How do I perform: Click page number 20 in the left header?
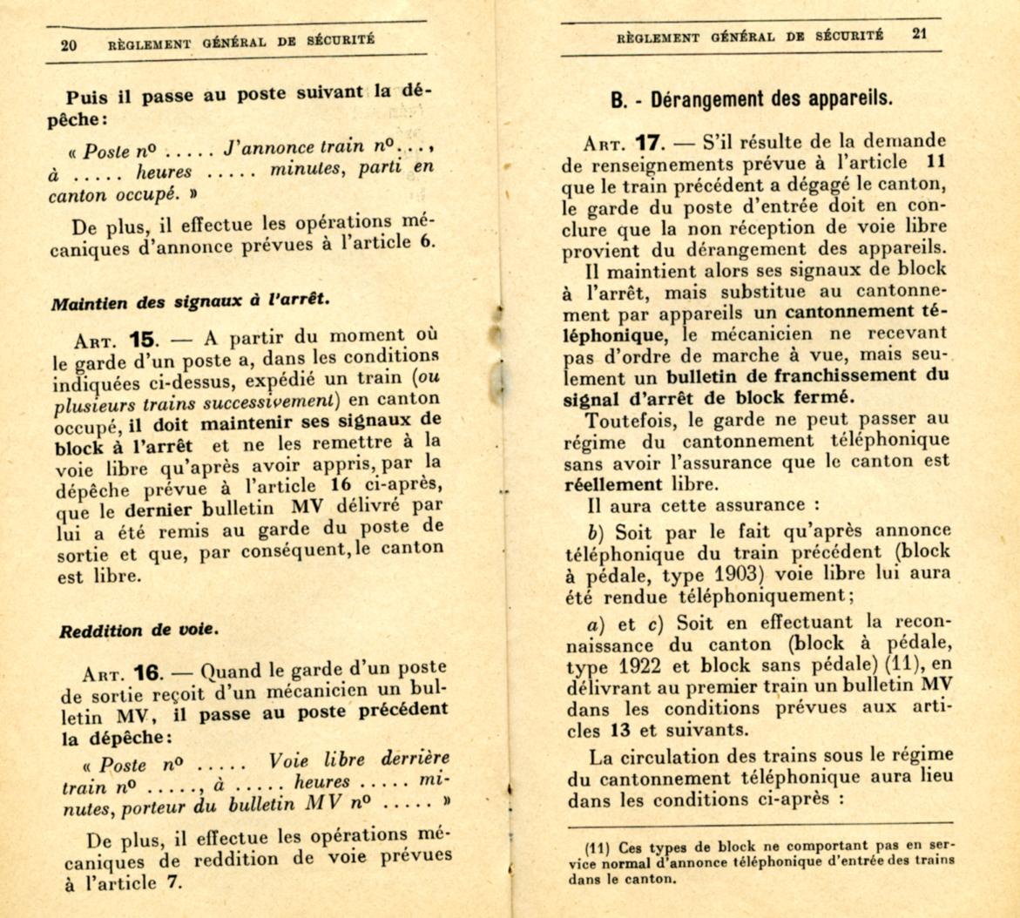tap(70, 45)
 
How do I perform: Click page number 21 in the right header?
tap(921, 36)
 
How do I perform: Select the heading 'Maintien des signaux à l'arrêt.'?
tap(191, 301)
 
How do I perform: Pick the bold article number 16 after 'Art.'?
tap(148, 673)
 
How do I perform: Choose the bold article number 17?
tap(653, 141)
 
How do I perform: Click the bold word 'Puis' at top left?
tap(88, 98)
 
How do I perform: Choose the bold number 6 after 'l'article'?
tap(427, 242)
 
